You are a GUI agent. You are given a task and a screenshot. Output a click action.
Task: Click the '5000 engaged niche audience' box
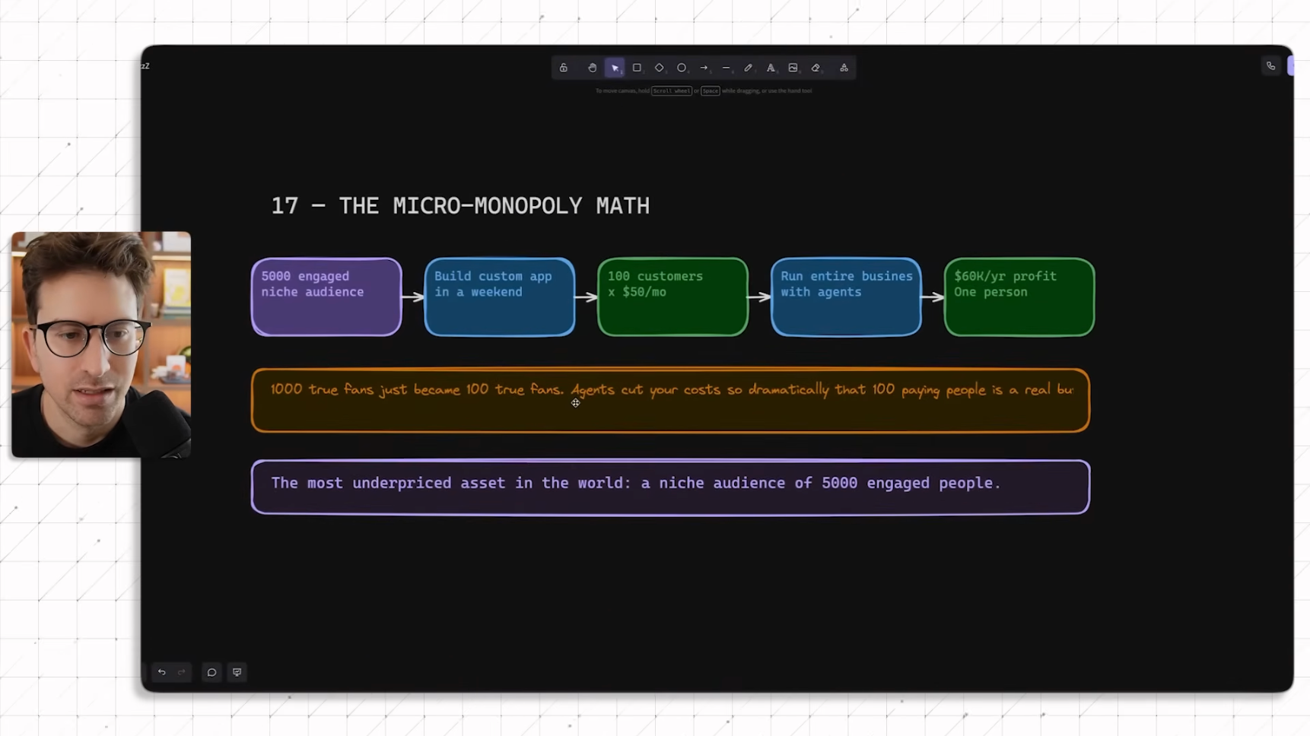(326, 297)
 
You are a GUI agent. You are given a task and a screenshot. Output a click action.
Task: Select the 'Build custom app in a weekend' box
(499, 297)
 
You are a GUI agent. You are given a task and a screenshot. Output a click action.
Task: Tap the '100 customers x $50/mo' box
(672, 297)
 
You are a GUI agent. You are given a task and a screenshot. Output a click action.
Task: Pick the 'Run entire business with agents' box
(846, 297)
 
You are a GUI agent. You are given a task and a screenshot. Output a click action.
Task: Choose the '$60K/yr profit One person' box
(1019, 297)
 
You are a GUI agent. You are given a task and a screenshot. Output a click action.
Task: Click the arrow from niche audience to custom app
(412, 297)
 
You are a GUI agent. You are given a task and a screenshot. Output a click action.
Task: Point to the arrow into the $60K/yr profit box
(933, 297)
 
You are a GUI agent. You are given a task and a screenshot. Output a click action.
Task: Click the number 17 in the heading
(285, 206)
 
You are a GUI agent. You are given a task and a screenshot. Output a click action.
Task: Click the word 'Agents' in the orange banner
(592, 390)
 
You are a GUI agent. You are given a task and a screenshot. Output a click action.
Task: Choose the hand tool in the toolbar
(592, 68)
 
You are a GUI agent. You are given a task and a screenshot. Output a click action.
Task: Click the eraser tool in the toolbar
(816, 68)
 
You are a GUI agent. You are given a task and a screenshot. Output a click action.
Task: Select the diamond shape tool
(659, 68)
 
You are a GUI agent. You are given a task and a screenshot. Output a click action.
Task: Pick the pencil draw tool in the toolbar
(748, 68)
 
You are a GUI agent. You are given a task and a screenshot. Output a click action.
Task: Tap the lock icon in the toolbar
(564, 68)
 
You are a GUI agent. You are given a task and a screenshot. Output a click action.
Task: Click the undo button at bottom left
(161, 672)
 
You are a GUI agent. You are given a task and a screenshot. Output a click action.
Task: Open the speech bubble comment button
(211, 672)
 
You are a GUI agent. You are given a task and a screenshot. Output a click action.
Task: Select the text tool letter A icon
(771, 68)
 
